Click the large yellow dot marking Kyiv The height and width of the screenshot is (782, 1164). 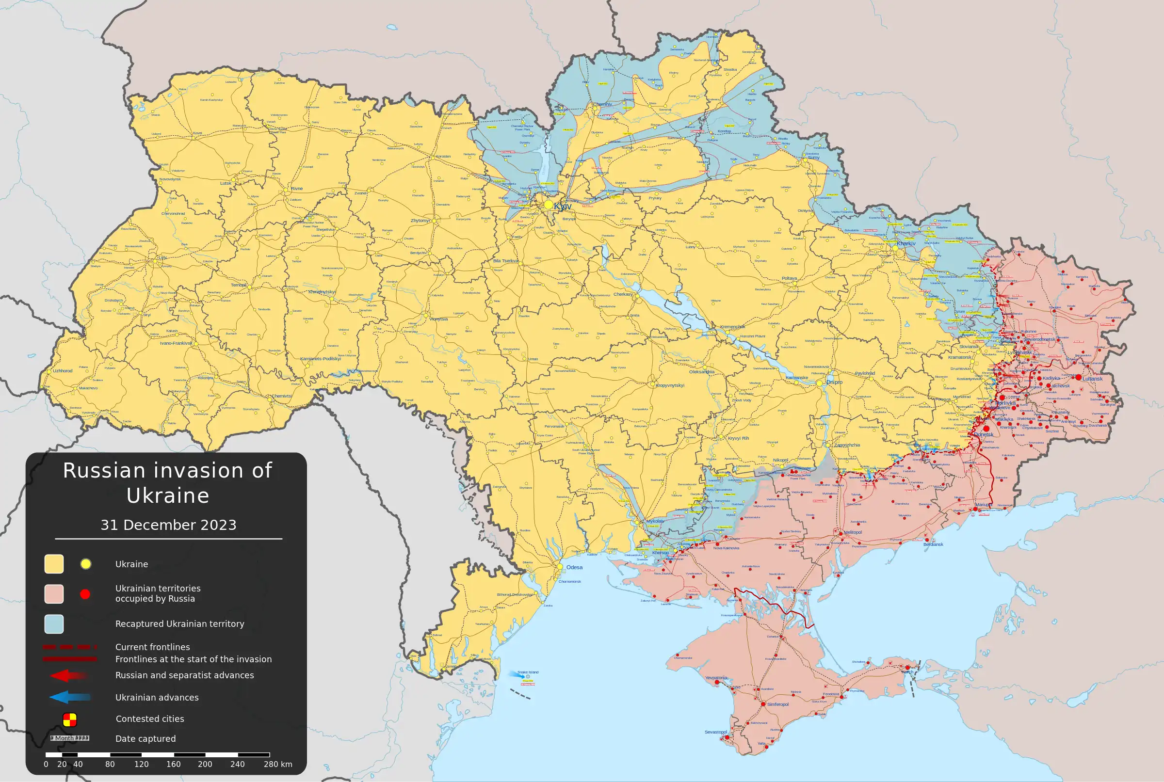(x=549, y=205)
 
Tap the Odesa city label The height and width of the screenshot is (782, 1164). (x=574, y=567)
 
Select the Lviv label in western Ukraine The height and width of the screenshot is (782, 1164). (x=162, y=258)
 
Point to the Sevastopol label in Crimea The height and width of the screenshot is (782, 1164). (x=715, y=732)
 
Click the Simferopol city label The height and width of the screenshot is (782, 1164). (x=778, y=704)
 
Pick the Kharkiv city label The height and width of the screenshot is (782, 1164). (x=906, y=244)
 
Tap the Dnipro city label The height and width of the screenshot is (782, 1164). (x=834, y=382)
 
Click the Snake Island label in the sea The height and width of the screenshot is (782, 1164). (x=528, y=672)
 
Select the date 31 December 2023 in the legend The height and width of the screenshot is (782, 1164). (x=169, y=525)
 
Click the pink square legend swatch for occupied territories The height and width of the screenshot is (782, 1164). (x=54, y=594)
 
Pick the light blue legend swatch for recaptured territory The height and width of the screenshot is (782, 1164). (x=54, y=624)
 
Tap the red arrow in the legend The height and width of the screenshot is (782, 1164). (x=69, y=676)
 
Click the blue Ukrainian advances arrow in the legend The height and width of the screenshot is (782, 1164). (x=70, y=697)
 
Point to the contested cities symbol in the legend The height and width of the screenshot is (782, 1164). (x=70, y=719)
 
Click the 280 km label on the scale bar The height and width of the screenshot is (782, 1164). (x=278, y=764)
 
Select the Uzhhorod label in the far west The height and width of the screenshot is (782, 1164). (x=63, y=371)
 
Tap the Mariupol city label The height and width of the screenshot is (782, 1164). (x=984, y=505)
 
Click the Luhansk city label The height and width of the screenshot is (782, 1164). (x=1093, y=379)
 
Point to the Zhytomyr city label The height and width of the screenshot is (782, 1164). (x=420, y=221)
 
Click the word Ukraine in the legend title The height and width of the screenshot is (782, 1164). (x=168, y=496)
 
